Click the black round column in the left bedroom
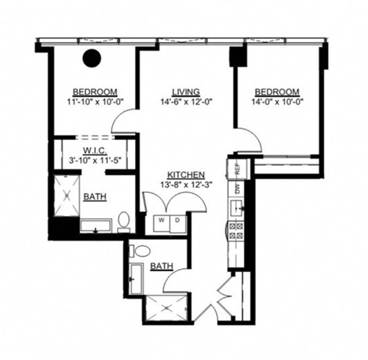[94, 57]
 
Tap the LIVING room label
[186, 90]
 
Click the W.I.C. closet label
[94, 150]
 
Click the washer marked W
[162, 221]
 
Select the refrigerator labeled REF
[237, 166]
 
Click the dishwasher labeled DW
[237, 186]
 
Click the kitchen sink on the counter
[237, 206]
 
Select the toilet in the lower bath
[140, 251]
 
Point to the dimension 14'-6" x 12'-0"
[186, 100]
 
